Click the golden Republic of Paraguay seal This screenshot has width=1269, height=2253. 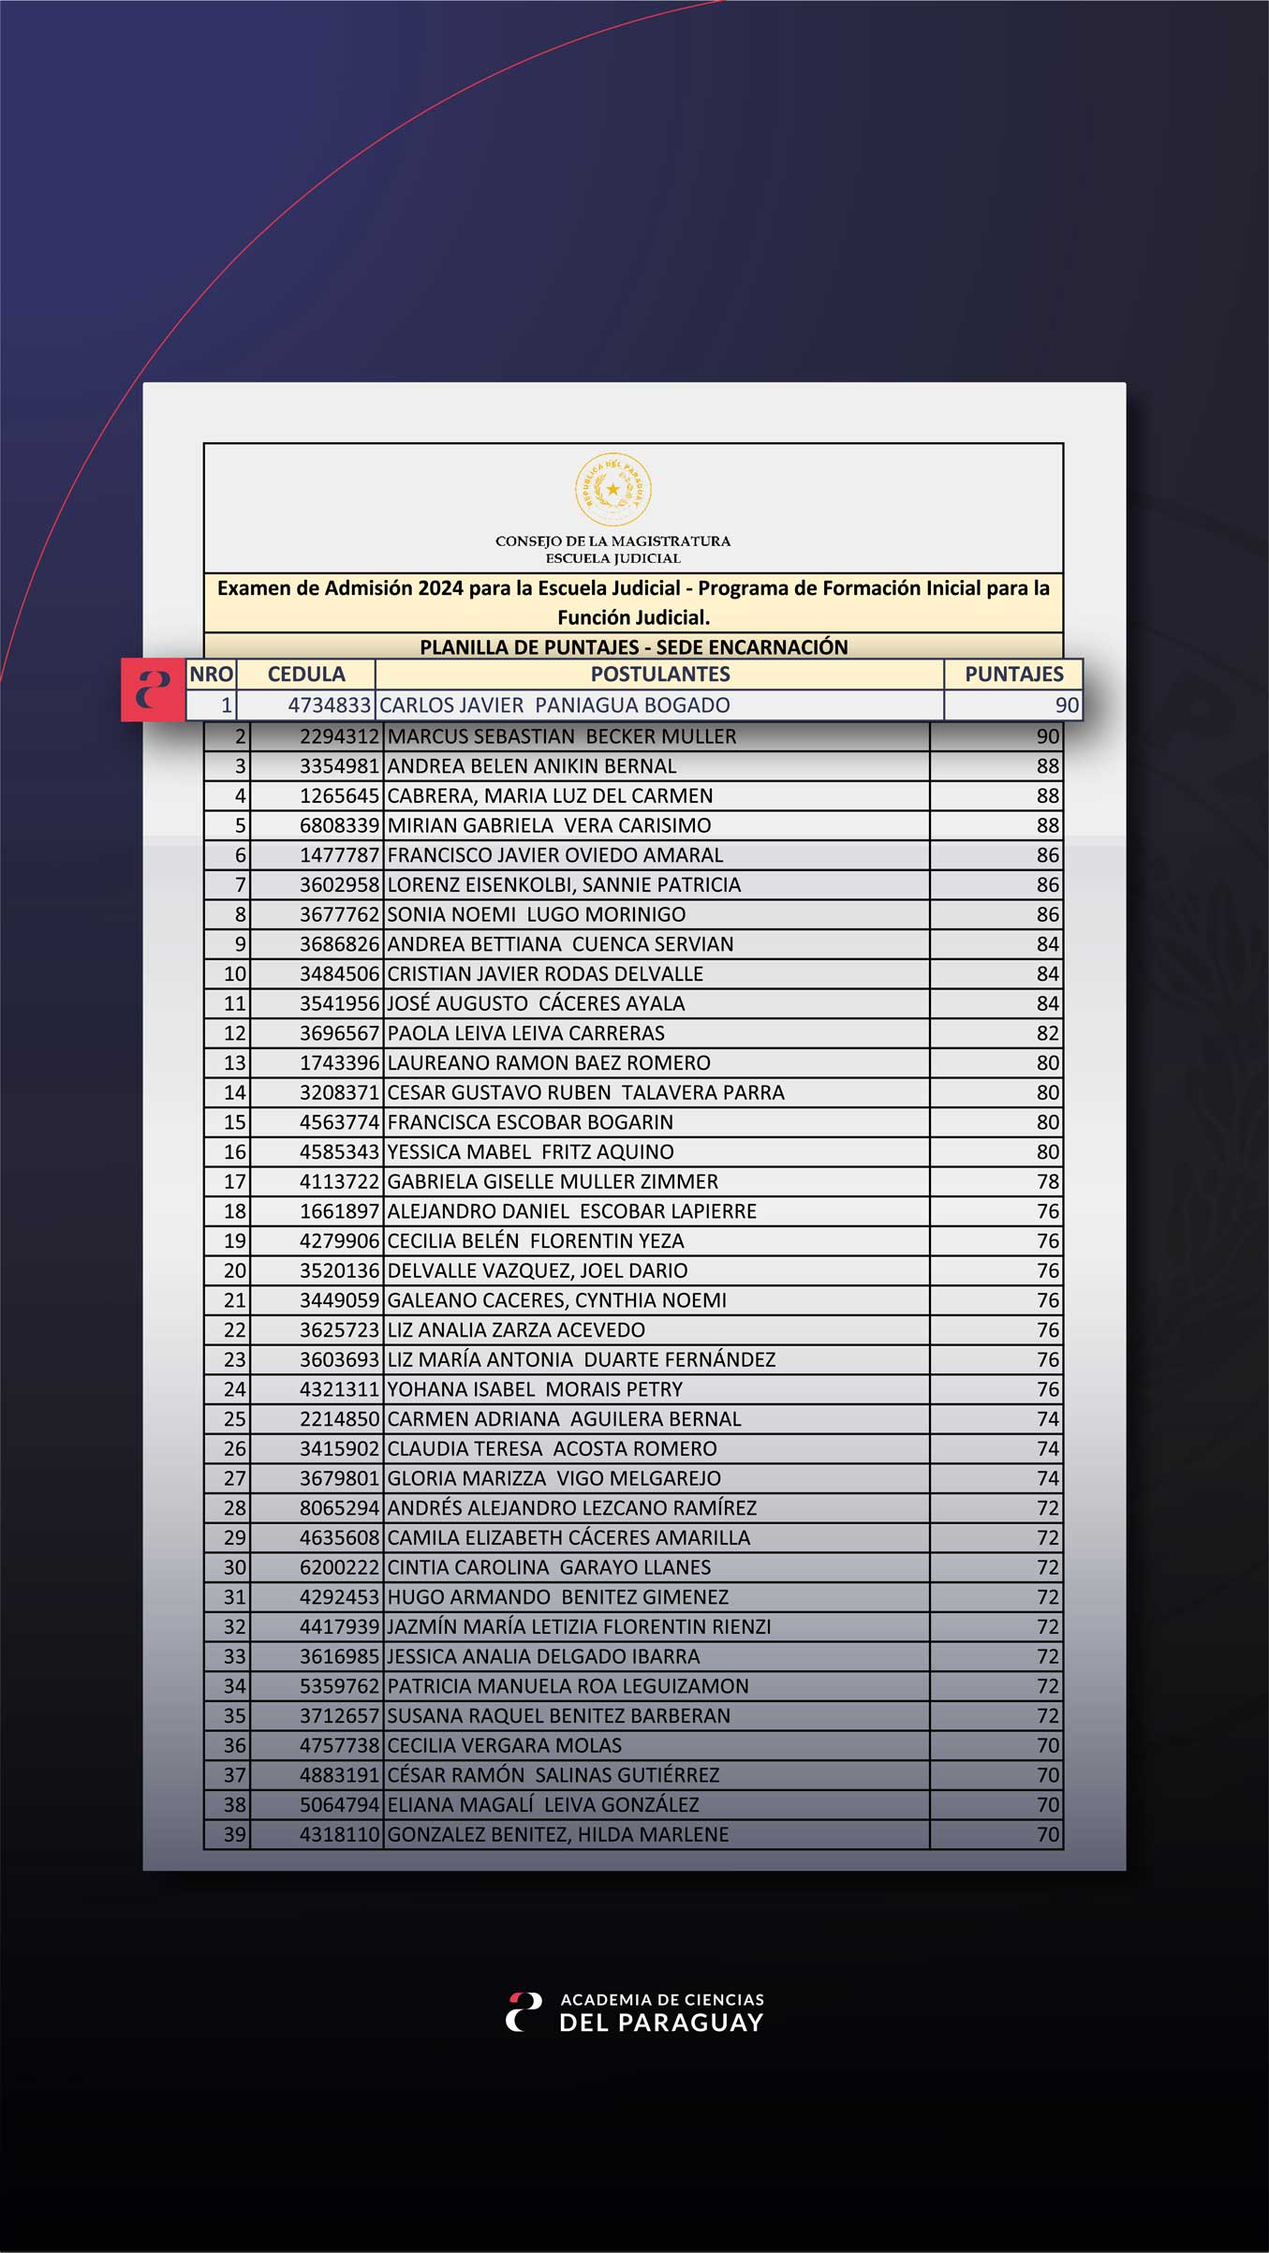coord(612,489)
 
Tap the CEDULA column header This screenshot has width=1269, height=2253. coord(306,674)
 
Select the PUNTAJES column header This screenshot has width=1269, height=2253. coord(1013,674)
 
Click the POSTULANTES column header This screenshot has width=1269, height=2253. coord(659,674)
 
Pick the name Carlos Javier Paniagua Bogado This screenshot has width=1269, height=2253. coord(554,705)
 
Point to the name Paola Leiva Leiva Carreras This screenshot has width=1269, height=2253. coord(525,1033)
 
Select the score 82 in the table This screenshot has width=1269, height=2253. coord(1047,1033)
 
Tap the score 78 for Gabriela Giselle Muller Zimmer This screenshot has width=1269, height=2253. coord(1047,1182)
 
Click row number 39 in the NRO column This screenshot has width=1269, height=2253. coord(234,1834)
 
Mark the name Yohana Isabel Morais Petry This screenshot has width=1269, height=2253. coord(535,1389)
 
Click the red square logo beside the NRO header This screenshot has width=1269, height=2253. coord(153,689)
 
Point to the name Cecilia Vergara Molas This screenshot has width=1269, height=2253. coord(504,1745)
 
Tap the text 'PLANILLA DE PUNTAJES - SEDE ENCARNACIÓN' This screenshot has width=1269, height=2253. coord(633,646)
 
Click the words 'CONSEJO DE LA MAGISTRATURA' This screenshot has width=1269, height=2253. coord(612,541)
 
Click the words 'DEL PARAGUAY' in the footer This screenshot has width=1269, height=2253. coord(661,2023)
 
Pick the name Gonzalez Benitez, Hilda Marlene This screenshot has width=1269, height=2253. coord(557,1834)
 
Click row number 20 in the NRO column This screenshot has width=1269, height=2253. coord(234,1271)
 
